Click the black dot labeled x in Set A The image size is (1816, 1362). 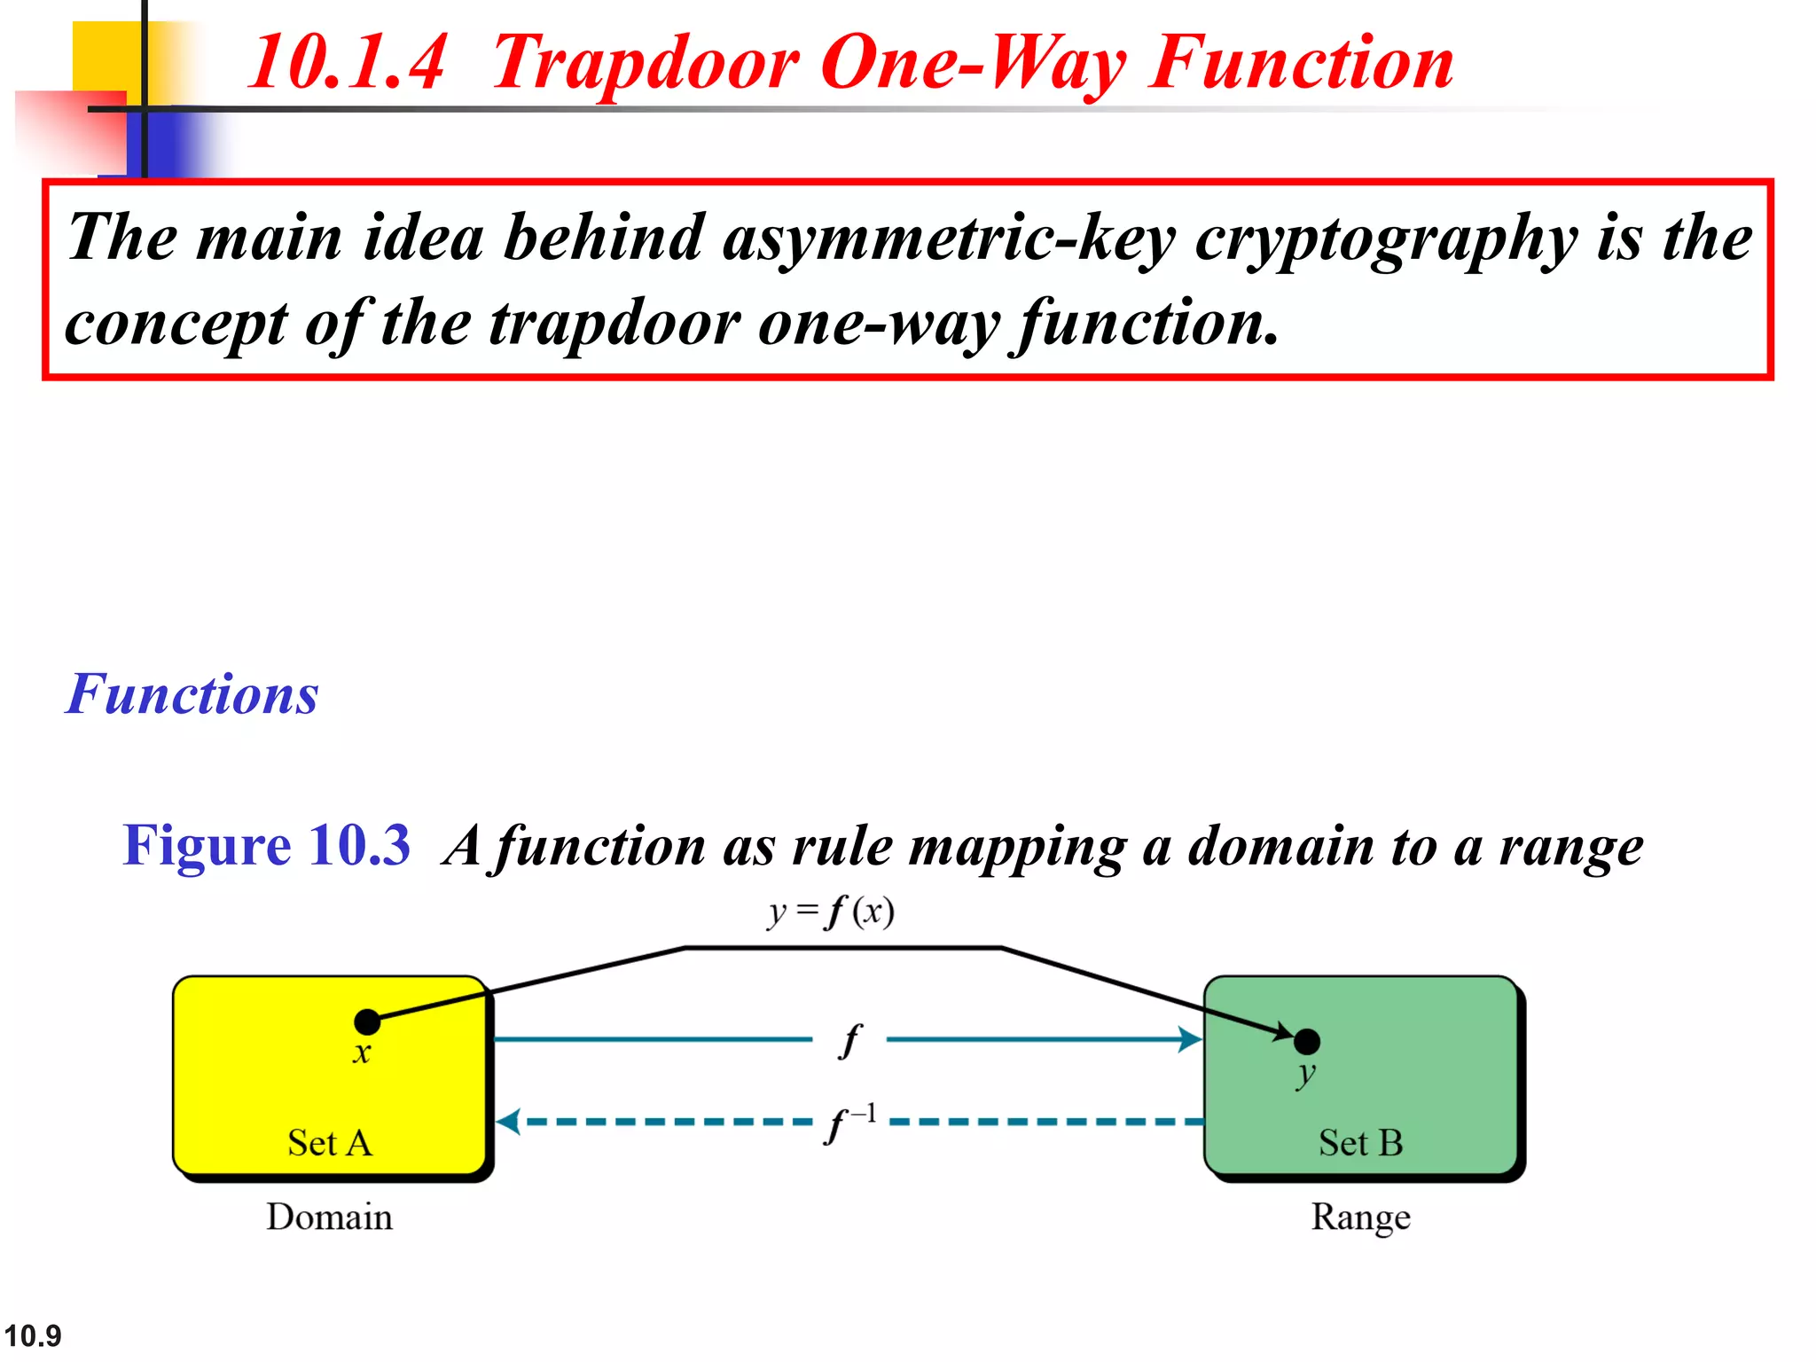click(x=367, y=1021)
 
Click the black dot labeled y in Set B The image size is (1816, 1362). click(x=1306, y=1041)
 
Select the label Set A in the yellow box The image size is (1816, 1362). click(x=330, y=1143)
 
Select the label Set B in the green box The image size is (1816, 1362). click(x=1360, y=1143)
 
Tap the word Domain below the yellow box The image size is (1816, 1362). click(x=329, y=1217)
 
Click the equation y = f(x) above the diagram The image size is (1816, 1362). click(x=831, y=912)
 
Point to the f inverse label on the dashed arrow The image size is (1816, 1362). click(x=849, y=1123)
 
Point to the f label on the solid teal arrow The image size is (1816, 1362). click(x=849, y=1040)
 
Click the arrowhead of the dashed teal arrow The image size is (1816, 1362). click(x=508, y=1122)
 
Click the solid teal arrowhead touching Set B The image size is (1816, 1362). click(x=1190, y=1039)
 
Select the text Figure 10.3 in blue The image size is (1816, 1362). click(x=267, y=844)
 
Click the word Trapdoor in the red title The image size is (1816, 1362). click(x=645, y=63)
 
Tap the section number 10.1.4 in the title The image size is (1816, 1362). click(x=347, y=63)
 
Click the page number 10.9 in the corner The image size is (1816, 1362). click(x=33, y=1335)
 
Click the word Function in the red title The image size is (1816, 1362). click(x=1301, y=63)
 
